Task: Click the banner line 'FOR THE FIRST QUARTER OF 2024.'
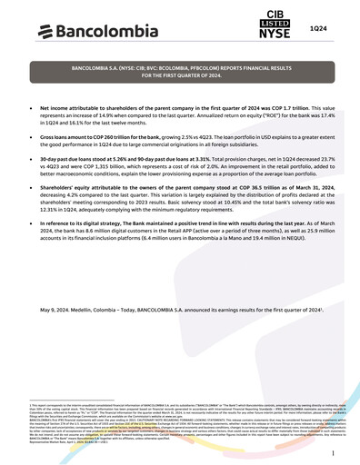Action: click(179, 77)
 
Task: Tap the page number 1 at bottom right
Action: click(334, 451)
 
